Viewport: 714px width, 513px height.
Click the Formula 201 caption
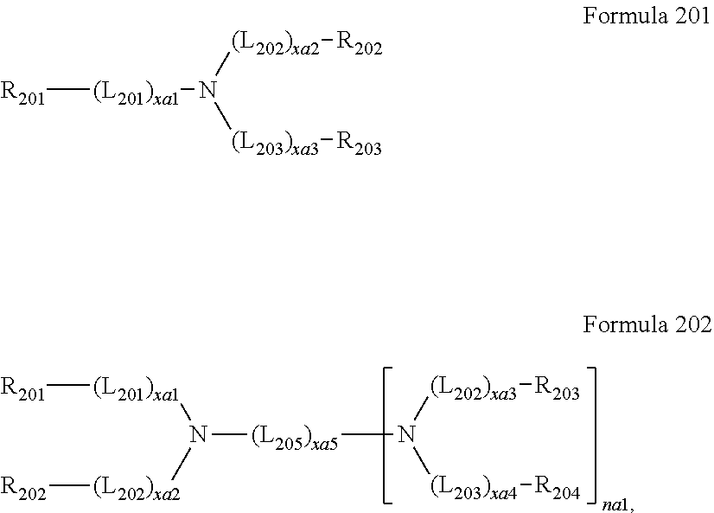pyautogui.click(x=647, y=16)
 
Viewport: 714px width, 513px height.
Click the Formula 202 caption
pyautogui.click(x=647, y=325)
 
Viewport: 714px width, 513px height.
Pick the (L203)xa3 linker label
pyautogui.click(x=270, y=143)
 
